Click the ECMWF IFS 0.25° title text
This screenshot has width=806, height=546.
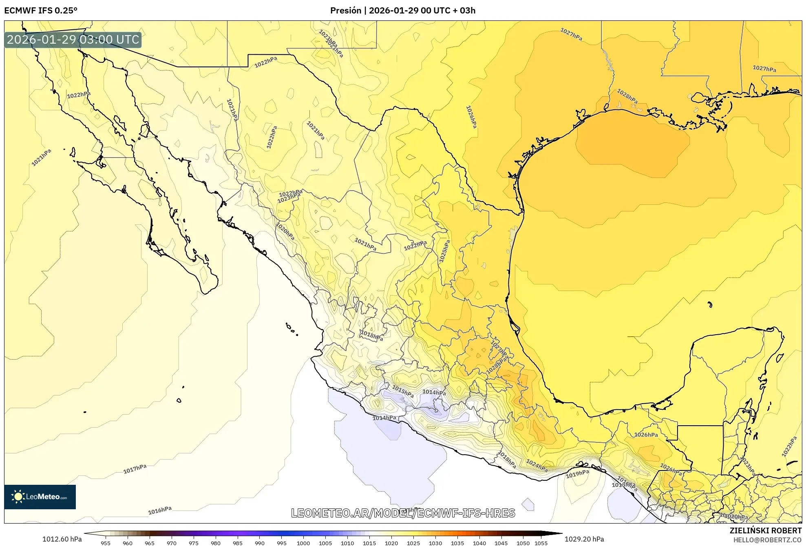pos(40,11)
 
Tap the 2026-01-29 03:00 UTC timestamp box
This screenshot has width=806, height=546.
pos(73,40)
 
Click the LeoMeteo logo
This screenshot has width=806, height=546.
pos(40,497)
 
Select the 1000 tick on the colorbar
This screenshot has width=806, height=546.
pos(303,543)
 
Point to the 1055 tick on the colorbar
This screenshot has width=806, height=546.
pos(541,543)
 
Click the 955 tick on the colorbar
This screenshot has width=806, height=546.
pos(106,543)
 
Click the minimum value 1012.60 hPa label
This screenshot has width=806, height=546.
pos(62,539)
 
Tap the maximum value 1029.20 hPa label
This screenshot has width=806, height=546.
pos(584,539)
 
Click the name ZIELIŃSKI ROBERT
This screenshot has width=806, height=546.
pos(765,530)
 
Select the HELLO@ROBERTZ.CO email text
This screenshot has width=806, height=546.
pos(767,540)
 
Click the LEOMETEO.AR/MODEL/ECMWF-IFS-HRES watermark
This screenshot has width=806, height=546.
pos(403,513)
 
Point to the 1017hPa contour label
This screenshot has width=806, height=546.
pos(135,469)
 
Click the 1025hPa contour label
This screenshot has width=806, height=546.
pos(444,251)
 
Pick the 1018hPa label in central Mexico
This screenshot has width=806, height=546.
pos(371,335)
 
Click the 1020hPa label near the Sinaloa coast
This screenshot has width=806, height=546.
pos(285,231)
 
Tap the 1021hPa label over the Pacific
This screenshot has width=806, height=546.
pos(42,158)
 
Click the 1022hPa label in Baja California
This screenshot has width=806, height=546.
pos(79,95)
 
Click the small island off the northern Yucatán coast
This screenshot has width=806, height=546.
pos(710,304)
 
